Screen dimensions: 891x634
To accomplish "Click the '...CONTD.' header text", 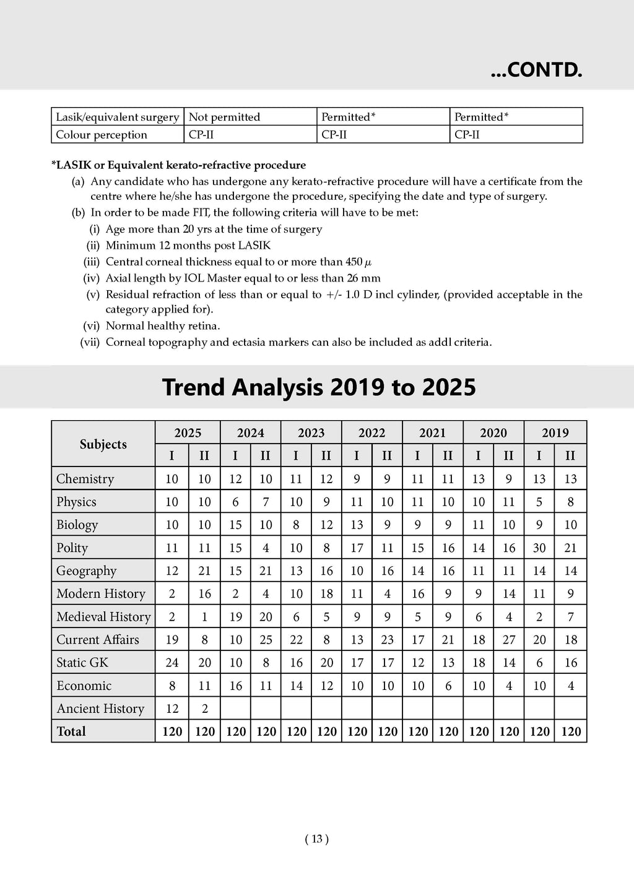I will (x=536, y=71).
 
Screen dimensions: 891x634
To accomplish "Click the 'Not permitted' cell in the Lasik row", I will (x=224, y=117).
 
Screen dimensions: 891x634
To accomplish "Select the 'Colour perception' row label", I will (x=102, y=135).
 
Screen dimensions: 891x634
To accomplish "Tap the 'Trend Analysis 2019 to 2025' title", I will (x=319, y=387).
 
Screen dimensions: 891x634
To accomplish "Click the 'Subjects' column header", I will (x=103, y=444).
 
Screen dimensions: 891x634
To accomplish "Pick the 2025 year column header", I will (x=188, y=433).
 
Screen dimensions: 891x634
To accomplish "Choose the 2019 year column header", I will (x=555, y=433).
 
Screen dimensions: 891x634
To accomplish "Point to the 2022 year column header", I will (x=371, y=433).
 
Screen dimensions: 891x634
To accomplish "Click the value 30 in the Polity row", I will (x=539, y=548).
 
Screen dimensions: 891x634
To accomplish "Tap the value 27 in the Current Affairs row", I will (x=509, y=640).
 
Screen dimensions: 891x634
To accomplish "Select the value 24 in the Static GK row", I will (x=172, y=663).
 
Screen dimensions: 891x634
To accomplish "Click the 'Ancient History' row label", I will (x=100, y=708).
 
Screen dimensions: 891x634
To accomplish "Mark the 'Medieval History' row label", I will (x=103, y=617).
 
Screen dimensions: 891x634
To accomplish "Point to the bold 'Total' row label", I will (x=71, y=731).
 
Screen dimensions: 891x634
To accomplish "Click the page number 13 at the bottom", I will (x=317, y=839).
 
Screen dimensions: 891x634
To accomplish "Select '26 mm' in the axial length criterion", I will (x=365, y=278).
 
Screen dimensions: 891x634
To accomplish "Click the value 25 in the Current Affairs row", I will (x=266, y=640).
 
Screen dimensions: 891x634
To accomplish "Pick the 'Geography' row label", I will (x=86, y=571).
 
